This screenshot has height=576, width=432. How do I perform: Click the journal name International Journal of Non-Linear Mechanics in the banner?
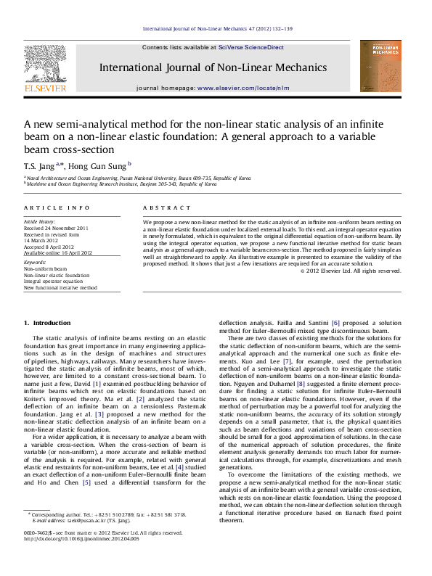213,67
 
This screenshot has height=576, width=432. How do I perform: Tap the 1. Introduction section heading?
47,321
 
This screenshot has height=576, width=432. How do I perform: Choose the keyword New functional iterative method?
60,288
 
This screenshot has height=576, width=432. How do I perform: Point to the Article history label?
39,220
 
